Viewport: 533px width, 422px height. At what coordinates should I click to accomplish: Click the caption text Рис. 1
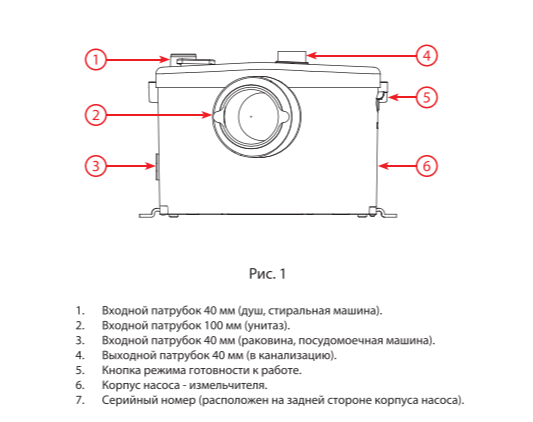tap(268, 274)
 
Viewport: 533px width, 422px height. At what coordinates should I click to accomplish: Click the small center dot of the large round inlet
tap(251, 116)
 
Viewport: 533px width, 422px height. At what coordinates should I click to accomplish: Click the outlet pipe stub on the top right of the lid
tap(292, 57)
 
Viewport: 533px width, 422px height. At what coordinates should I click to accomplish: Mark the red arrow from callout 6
tap(397, 166)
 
